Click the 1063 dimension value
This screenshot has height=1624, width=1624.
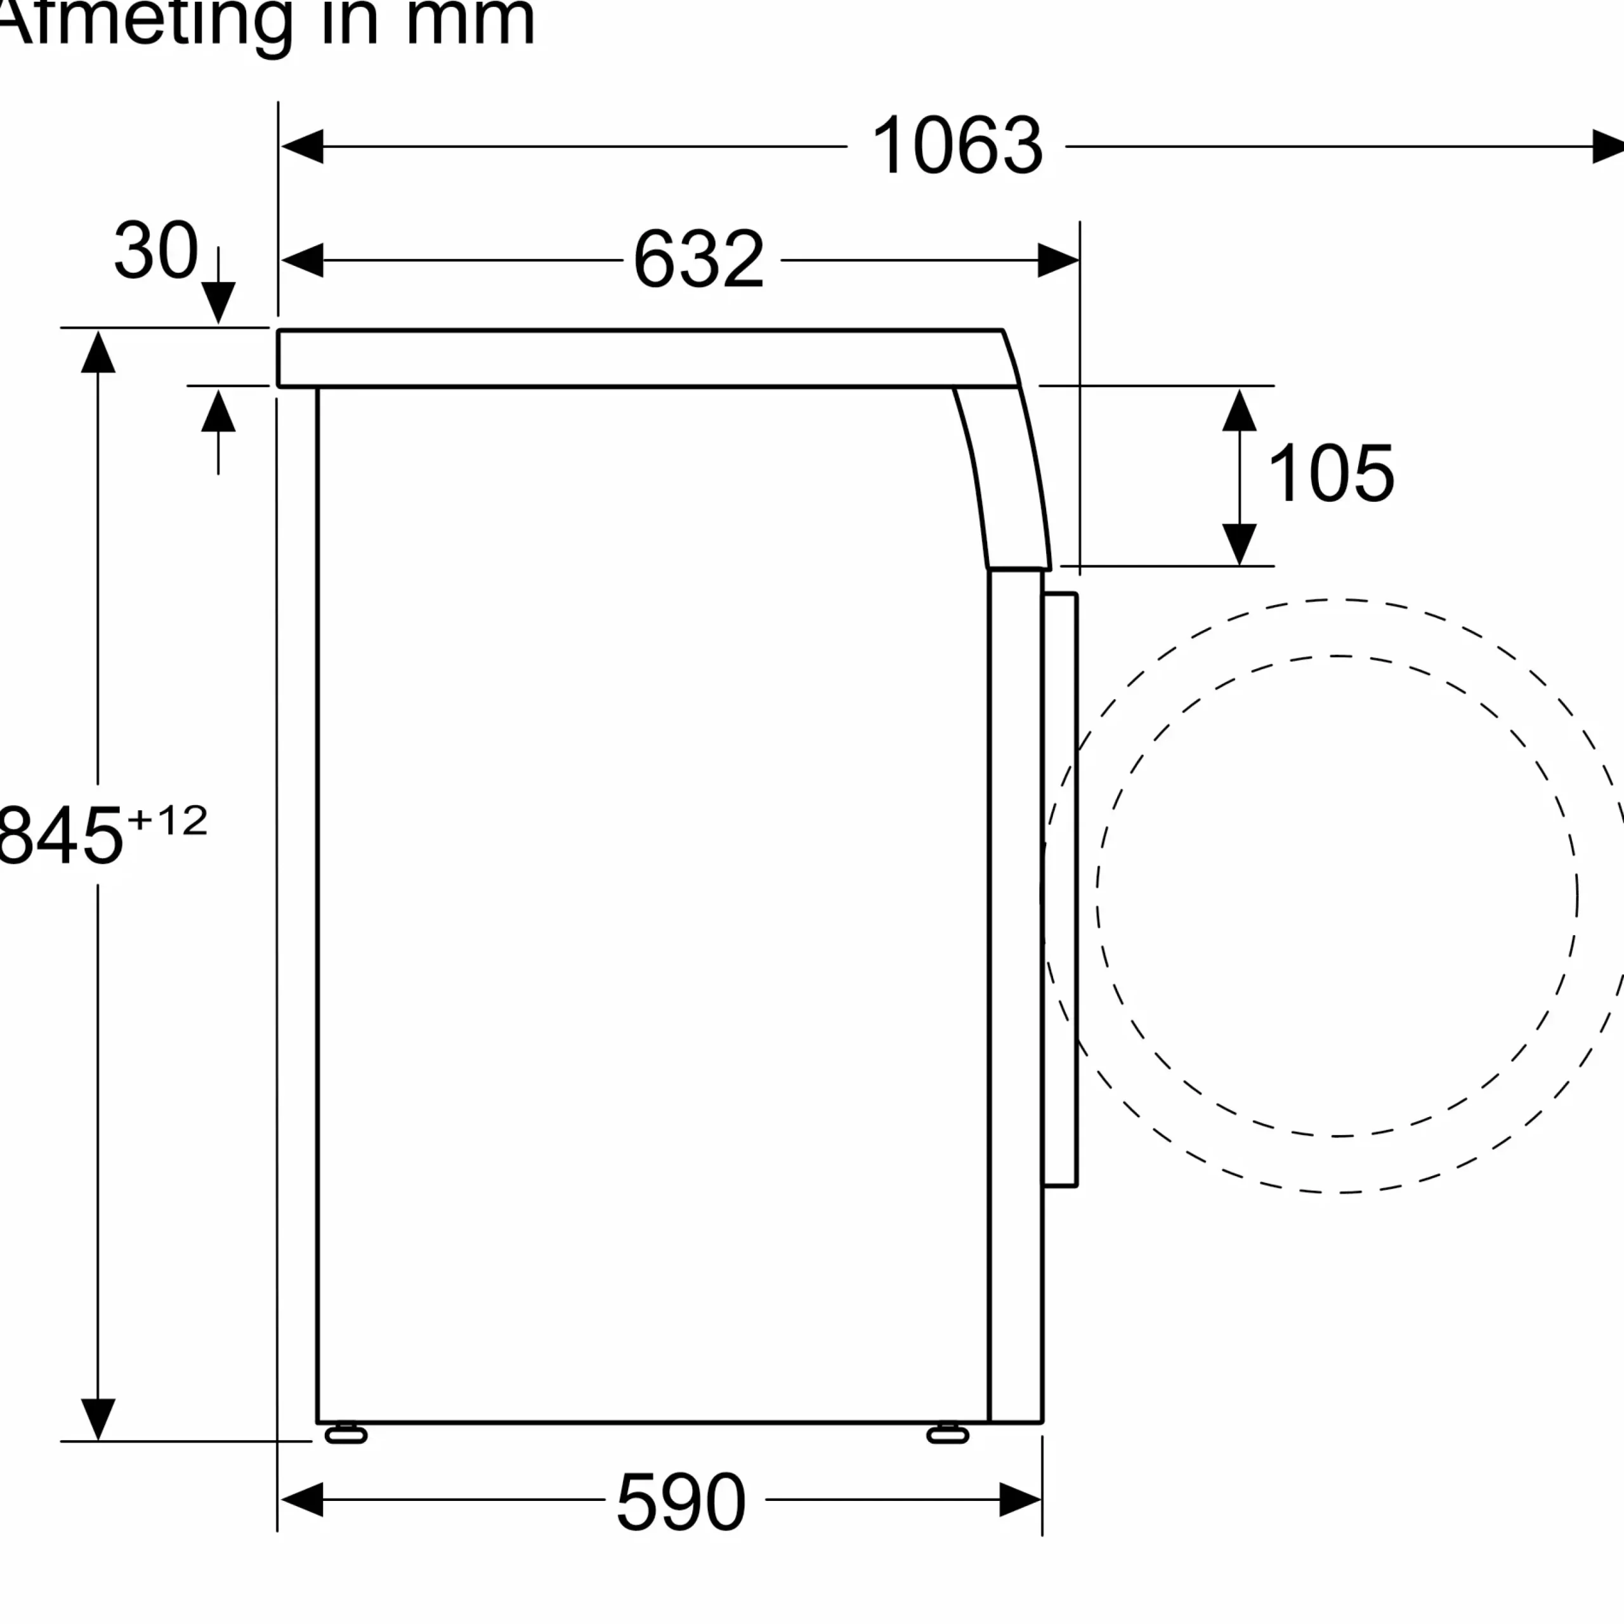pos(957,147)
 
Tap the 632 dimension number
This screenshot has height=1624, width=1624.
pos(698,259)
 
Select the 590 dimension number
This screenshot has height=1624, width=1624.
pos(681,1502)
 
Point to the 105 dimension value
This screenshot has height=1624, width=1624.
pos(1331,473)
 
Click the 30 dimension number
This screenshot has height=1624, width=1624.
pos(156,250)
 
